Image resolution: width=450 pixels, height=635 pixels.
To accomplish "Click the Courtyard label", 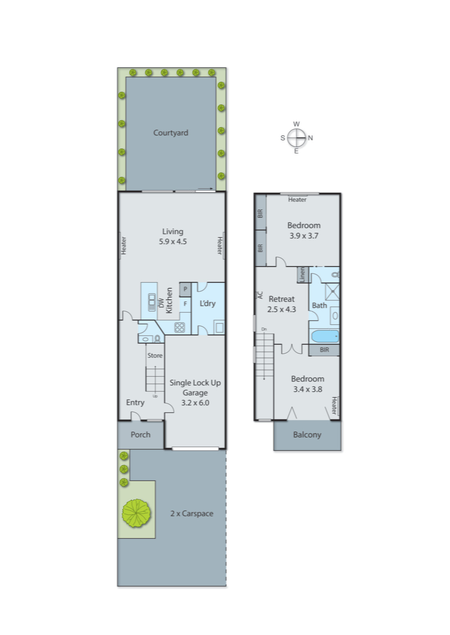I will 171,133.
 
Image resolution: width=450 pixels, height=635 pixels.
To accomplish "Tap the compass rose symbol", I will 296,138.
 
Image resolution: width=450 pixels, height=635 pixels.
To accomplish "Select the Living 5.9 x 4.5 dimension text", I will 173,241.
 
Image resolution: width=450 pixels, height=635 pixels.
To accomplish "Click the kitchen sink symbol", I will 152,302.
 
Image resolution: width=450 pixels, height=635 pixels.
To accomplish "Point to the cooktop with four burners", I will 180,327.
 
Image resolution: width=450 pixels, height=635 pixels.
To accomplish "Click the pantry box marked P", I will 185,289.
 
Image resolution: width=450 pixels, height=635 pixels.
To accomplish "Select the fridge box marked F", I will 185,304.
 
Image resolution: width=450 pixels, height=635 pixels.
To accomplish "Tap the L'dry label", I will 207,304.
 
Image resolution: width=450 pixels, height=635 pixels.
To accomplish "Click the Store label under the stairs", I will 155,356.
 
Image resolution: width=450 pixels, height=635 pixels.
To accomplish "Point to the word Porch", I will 141,435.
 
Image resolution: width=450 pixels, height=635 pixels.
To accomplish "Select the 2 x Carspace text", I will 192,514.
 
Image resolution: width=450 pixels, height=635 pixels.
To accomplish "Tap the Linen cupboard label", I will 302,275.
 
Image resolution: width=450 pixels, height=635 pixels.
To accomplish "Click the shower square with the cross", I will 332,292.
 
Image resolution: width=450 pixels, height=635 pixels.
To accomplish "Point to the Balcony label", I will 307,435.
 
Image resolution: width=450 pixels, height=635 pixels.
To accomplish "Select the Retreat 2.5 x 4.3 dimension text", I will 281,310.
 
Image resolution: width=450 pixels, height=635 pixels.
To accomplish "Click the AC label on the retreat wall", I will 260,295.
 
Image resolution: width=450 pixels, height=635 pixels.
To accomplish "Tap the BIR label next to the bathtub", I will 324,350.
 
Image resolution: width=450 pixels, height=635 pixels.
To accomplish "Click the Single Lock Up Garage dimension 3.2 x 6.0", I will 195,403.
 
